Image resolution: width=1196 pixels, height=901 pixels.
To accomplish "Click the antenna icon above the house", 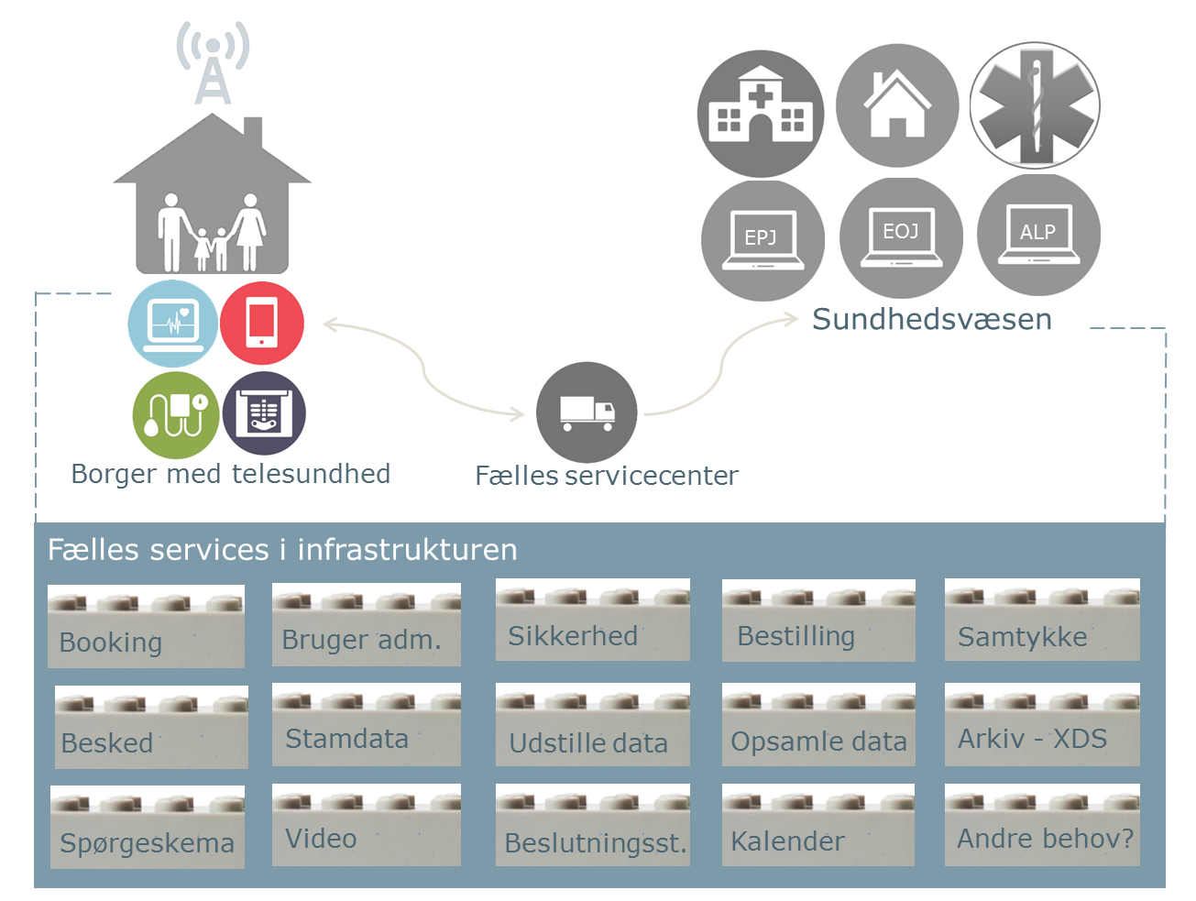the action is [213, 62].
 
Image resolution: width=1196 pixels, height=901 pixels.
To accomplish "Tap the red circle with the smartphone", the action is [262, 323].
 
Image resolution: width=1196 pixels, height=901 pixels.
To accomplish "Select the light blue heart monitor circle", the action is [172, 324].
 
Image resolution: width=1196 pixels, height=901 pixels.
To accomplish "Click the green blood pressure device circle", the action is [176, 415].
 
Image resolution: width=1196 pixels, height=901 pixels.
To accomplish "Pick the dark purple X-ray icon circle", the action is [264, 413].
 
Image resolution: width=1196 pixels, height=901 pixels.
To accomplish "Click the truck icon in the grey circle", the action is [587, 412].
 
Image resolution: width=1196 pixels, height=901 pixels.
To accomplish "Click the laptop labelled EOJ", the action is [901, 237].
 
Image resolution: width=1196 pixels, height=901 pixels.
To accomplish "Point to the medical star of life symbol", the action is [1036, 105].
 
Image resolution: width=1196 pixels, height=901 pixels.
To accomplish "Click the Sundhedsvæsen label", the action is [932, 319].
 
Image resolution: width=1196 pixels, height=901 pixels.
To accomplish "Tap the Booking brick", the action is [146, 626].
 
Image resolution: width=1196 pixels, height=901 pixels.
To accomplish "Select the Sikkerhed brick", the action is [593, 620].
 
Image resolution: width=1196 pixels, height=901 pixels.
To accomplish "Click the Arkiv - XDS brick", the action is [1042, 724].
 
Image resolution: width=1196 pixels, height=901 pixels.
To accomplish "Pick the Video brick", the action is [367, 825].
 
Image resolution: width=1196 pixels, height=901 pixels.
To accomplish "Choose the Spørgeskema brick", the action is [148, 827].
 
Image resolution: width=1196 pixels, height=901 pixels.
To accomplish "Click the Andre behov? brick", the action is [1042, 825].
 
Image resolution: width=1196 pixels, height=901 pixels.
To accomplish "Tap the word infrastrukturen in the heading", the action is [407, 549].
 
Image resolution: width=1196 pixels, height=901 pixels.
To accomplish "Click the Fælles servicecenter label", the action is [607, 476].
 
